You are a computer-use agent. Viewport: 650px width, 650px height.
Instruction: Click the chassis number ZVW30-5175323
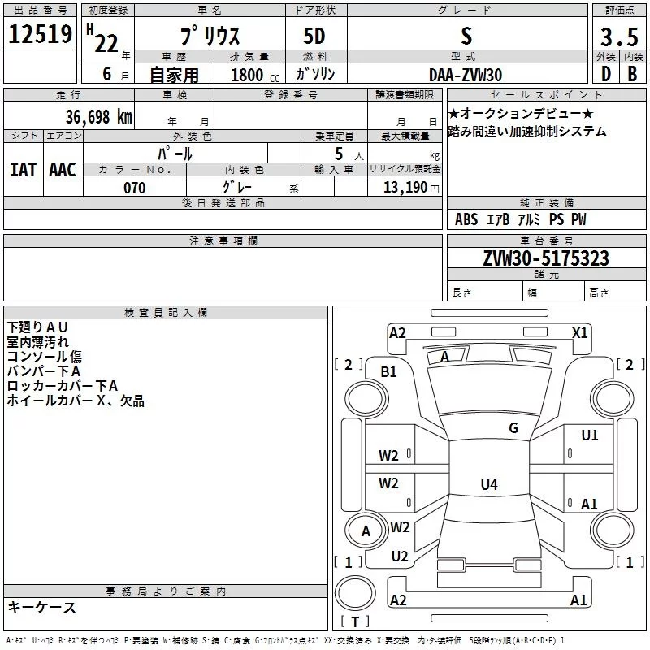click(x=546, y=258)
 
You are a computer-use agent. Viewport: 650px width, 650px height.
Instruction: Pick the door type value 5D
click(x=314, y=37)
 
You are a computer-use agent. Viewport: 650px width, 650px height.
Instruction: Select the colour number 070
click(x=134, y=188)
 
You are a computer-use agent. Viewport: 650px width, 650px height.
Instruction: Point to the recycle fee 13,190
click(x=411, y=188)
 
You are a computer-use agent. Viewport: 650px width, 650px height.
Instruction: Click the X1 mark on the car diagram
click(x=580, y=332)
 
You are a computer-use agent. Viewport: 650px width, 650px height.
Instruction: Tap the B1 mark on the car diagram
click(x=389, y=371)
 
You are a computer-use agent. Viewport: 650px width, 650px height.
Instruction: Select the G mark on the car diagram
click(x=513, y=428)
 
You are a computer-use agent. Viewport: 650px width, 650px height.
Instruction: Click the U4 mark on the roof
click(x=488, y=485)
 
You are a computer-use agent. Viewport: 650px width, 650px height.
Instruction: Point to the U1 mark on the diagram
click(x=589, y=435)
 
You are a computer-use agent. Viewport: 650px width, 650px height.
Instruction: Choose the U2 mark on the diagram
click(x=399, y=557)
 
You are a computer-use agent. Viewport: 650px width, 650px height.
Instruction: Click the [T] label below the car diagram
click(x=355, y=622)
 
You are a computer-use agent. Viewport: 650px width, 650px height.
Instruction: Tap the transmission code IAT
click(x=23, y=170)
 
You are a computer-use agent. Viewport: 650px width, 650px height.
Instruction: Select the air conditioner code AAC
click(x=62, y=170)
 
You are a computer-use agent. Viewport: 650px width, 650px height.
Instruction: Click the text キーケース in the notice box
click(x=41, y=607)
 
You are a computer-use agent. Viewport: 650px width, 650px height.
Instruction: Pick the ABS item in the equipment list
click(x=466, y=219)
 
